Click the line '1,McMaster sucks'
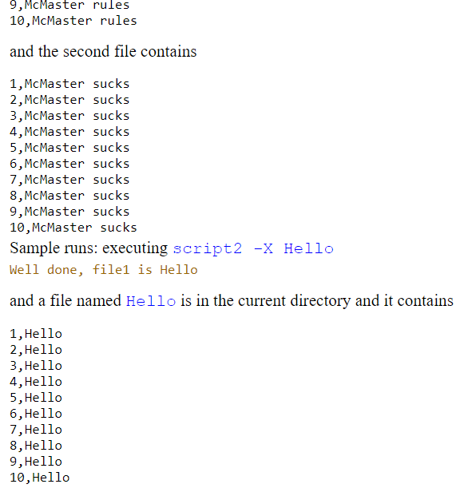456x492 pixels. pyautogui.click(x=69, y=84)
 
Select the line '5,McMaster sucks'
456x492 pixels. pyautogui.click(x=69, y=148)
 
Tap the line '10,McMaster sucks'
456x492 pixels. pyautogui.click(x=73, y=228)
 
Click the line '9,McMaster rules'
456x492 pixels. pyautogui.click(x=69, y=5)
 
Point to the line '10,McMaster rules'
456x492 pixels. pyautogui.click(x=73, y=21)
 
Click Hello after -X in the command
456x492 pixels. pyautogui.click(x=308, y=248)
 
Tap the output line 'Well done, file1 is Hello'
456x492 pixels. pyautogui.click(x=103, y=270)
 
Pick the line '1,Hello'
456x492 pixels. pyautogui.click(x=35, y=334)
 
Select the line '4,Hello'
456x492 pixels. pyautogui.click(x=35, y=382)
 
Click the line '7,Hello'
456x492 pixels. pyautogui.click(x=35, y=430)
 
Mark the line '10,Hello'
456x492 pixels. pyautogui.click(x=39, y=478)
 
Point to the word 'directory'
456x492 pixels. pyautogui.click(x=319, y=301)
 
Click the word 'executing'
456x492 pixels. pyautogui.click(x=136, y=248)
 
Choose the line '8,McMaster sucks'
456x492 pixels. pyautogui.click(x=69, y=196)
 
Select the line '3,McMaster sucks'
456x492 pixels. pyautogui.click(x=69, y=116)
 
